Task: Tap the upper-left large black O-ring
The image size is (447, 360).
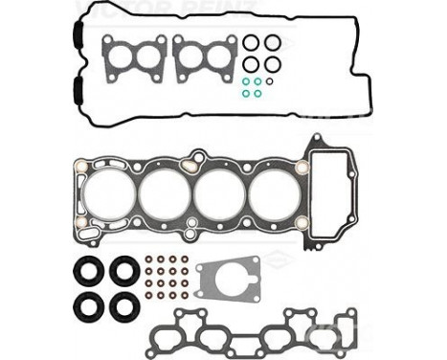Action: (x=251, y=42)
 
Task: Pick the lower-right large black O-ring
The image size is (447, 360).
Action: (x=273, y=64)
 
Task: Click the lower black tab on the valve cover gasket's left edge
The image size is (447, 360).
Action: (x=73, y=93)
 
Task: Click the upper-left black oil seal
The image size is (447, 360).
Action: (x=89, y=271)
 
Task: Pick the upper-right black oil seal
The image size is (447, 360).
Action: (x=124, y=271)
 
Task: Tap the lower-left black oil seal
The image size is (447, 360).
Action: (x=89, y=306)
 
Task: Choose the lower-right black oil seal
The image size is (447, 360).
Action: (x=124, y=306)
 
